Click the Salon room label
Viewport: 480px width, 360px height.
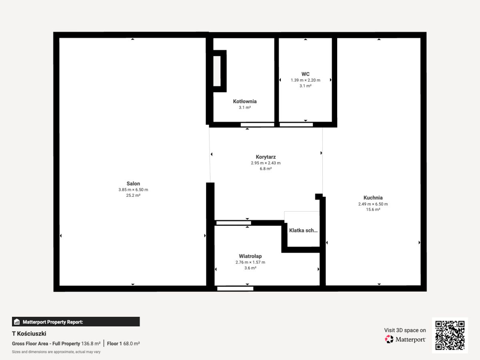[x=133, y=184]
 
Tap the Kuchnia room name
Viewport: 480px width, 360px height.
[x=373, y=198]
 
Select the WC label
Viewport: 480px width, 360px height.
[x=306, y=74]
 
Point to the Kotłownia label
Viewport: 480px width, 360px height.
[x=245, y=102]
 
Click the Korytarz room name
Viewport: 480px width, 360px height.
[x=266, y=157]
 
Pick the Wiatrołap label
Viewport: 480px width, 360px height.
[x=250, y=256]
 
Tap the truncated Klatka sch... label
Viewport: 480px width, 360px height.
[x=303, y=230]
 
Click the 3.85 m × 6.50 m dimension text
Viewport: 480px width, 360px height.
[x=133, y=190]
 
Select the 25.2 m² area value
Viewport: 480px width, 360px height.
[x=133, y=196]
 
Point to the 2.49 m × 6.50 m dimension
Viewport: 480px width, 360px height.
[x=373, y=204]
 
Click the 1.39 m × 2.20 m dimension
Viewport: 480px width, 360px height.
[x=306, y=80]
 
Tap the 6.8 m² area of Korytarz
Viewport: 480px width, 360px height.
[x=266, y=169]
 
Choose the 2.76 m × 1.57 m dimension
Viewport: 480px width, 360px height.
[x=250, y=262]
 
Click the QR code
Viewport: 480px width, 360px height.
[x=450, y=335]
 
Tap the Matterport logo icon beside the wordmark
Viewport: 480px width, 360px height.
[x=389, y=339]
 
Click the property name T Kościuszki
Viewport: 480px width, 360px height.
[x=29, y=334]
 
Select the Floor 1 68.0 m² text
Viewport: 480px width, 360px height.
[x=123, y=344]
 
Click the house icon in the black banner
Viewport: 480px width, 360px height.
[x=17, y=322]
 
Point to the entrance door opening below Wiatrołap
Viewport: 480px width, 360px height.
[x=235, y=288]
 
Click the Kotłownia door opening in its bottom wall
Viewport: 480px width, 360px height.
[x=257, y=124]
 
